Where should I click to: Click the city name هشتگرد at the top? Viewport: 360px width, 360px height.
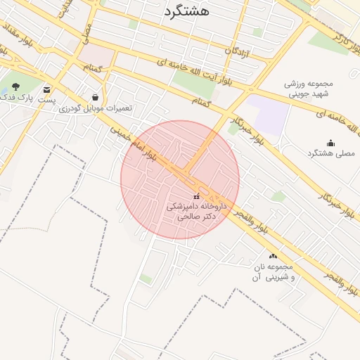[x=186, y=11]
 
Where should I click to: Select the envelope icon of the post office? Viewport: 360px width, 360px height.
[x=47, y=89]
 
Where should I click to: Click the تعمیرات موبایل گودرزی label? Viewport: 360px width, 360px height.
[x=95, y=108]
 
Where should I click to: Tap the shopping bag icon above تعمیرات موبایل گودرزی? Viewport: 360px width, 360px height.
[x=96, y=97]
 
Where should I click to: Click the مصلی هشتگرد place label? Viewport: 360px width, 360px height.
[x=331, y=153]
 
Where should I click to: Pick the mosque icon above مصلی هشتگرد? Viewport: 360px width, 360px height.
[x=331, y=143]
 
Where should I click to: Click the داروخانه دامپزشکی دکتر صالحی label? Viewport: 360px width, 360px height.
[x=191, y=212]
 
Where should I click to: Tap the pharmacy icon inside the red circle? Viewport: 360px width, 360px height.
[x=196, y=195]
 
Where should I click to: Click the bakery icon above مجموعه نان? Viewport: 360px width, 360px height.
[x=273, y=257]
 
